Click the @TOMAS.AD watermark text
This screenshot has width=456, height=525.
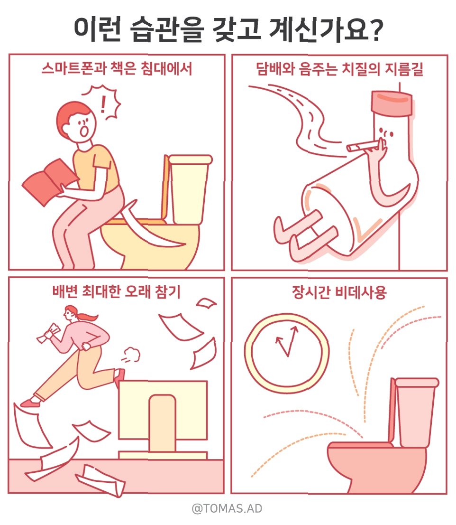(227, 508)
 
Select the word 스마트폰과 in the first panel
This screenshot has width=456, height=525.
(73, 68)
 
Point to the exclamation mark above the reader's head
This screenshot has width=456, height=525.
(103, 104)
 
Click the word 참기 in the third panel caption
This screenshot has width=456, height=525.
(167, 291)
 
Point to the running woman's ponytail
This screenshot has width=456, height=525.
(87, 316)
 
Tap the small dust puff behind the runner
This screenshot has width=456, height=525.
(131, 355)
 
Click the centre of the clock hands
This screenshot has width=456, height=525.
(287, 356)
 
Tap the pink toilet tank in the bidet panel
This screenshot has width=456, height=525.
(416, 412)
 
